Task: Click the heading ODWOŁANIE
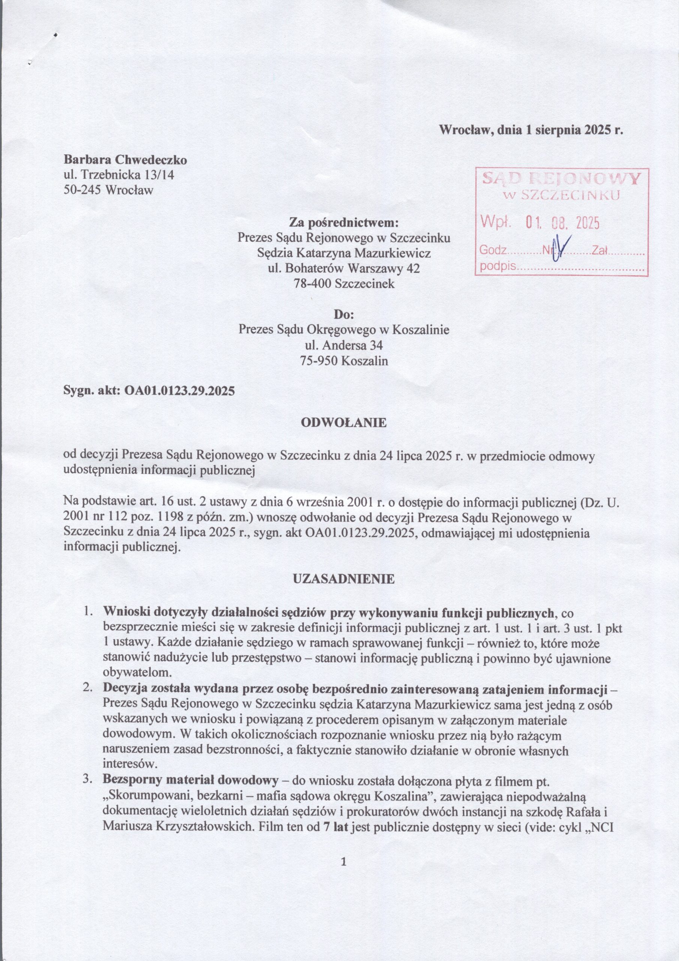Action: click(x=344, y=422)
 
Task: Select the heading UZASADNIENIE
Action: click(x=344, y=579)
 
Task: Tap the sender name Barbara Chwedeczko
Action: click(x=125, y=160)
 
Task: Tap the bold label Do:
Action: click(x=344, y=314)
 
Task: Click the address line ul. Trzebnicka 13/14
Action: click(x=119, y=175)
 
